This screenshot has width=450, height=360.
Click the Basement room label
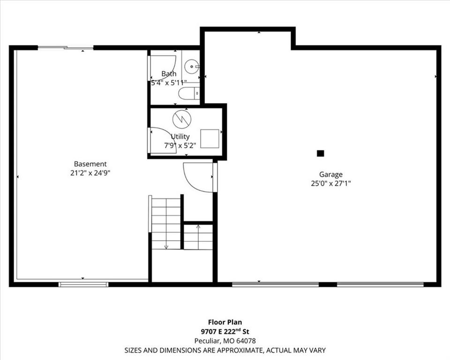[x=90, y=164]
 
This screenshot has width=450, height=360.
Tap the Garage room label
[x=331, y=174]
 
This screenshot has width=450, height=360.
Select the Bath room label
[x=169, y=74]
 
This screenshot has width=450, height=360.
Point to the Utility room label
[x=180, y=136]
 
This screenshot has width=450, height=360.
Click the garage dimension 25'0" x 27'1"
[x=331, y=183]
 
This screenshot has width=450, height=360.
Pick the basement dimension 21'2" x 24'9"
[x=90, y=173]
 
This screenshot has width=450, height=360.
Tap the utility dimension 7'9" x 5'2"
[x=180, y=146]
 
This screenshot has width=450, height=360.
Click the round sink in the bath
[x=191, y=67]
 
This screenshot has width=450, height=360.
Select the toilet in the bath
[x=189, y=93]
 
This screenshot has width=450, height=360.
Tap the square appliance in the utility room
[x=210, y=139]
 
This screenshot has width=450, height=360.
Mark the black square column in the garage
[x=320, y=153]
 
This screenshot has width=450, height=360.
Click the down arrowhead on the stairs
[x=166, y=247]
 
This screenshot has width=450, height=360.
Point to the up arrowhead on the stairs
[x=198, y=227]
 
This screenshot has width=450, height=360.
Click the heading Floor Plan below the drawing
[x=225, y=322]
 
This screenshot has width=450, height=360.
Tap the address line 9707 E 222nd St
[x=225, y=331]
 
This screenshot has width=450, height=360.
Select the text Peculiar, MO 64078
[x=225, y=341]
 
